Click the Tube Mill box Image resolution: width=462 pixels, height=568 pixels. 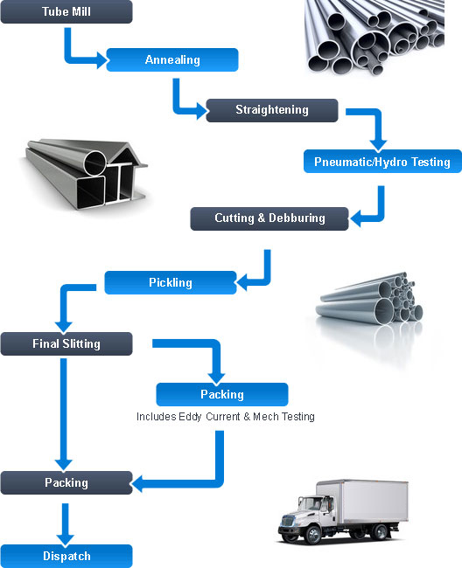coord(66,12)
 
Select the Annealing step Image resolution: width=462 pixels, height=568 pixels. coord(172,60)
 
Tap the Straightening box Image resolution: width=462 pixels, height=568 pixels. coord(271,110)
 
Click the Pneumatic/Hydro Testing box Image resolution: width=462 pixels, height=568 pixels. coord(381,162)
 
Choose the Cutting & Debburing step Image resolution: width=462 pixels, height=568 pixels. coord(269,218)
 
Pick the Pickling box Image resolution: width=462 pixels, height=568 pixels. coord(170,283)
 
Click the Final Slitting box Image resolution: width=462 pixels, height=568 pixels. coord(66,343)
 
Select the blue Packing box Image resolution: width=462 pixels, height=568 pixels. coord(221,394)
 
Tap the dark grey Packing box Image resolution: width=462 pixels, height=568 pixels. coord(66,482)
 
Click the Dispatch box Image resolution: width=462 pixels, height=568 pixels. coord(66,556)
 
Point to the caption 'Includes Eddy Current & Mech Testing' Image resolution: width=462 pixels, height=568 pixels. coord(225,417)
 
